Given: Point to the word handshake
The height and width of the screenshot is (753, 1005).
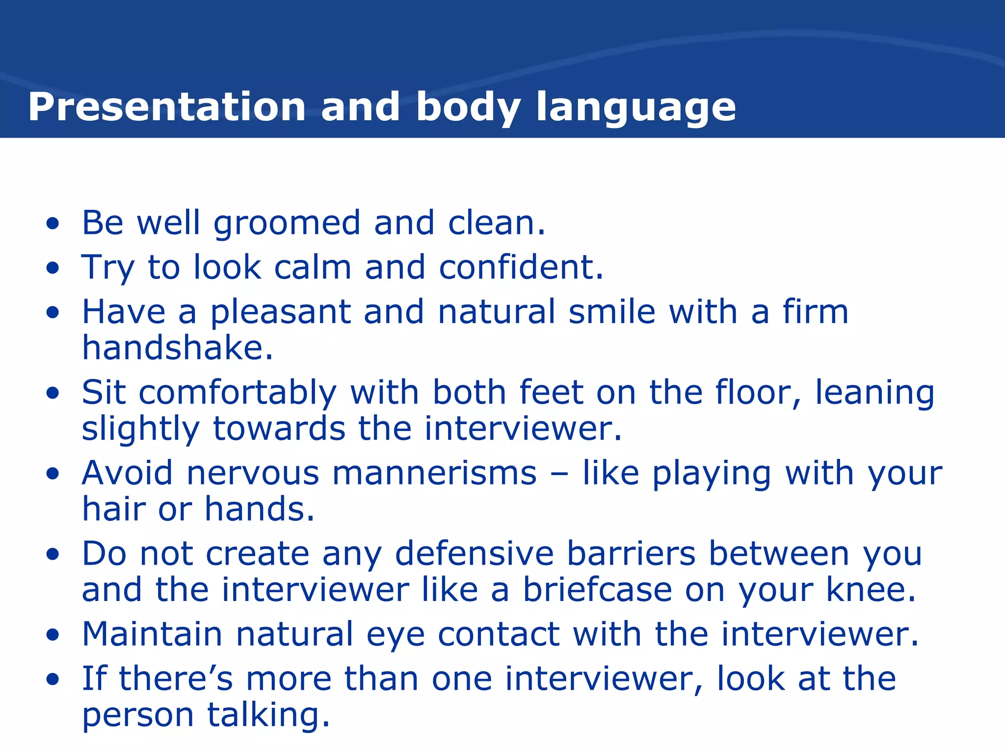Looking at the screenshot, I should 177,348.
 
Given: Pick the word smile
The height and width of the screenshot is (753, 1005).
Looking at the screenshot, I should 612,312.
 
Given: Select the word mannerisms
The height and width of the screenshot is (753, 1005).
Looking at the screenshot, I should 434,474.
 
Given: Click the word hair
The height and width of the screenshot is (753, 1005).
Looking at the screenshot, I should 113,509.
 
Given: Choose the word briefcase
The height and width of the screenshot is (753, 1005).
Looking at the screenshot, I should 597,590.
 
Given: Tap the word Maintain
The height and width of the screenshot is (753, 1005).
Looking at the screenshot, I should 152,634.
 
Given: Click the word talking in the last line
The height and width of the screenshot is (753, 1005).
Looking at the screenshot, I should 268,715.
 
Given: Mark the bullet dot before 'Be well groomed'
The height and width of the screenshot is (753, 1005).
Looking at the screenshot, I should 53,224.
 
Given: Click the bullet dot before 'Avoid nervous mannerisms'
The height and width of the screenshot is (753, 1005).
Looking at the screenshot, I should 53,474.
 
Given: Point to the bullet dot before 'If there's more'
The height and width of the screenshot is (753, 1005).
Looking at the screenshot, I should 53,680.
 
